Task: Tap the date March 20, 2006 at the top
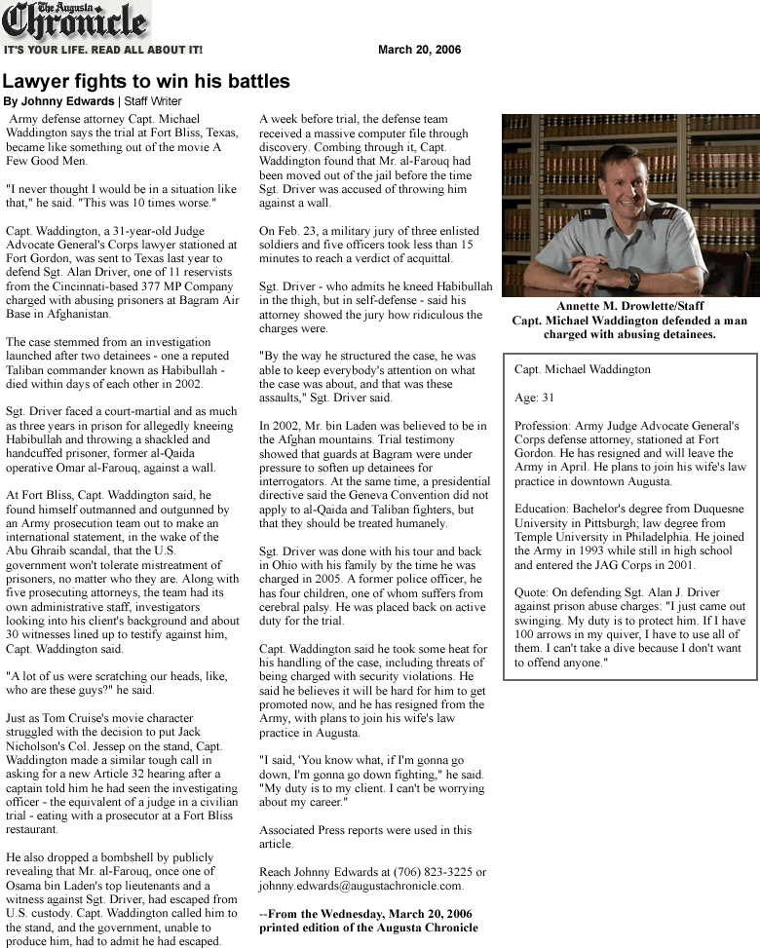419,50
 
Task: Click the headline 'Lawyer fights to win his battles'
146,82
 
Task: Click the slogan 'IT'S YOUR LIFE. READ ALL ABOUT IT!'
103,50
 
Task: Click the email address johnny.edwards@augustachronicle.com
361,887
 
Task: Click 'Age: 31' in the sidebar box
534,398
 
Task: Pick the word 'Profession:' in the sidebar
545,426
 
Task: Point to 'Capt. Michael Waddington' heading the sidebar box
583,370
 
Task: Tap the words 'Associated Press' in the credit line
304,830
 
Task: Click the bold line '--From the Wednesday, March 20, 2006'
365,914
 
